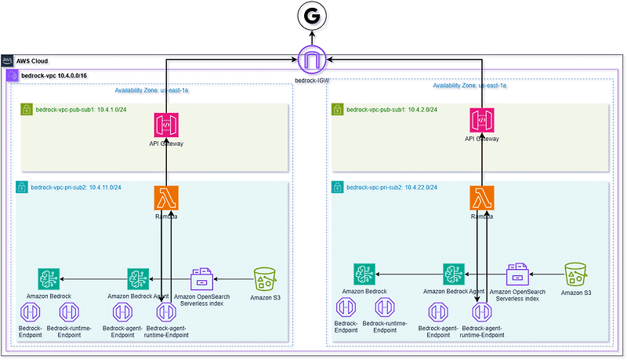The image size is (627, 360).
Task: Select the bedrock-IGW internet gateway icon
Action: [x=313, y=59]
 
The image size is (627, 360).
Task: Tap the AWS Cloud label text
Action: [x=33, y=60]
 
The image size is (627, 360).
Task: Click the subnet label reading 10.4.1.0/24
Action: [x=67, y=108]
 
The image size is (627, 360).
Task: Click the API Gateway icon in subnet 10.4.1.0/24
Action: [x=165, y=124]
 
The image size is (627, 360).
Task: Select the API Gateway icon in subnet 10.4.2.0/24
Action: [x=481, y=121]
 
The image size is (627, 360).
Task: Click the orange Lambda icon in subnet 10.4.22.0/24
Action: [x=481, y=198]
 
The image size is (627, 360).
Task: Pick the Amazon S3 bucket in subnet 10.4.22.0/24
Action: [x=577, y=275]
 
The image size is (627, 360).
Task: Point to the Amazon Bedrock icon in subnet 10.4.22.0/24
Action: [x=364, y=274]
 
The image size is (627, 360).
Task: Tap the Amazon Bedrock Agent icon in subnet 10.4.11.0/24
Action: [x=138, y=278]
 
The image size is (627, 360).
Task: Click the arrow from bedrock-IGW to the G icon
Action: [x=313, y=38]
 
